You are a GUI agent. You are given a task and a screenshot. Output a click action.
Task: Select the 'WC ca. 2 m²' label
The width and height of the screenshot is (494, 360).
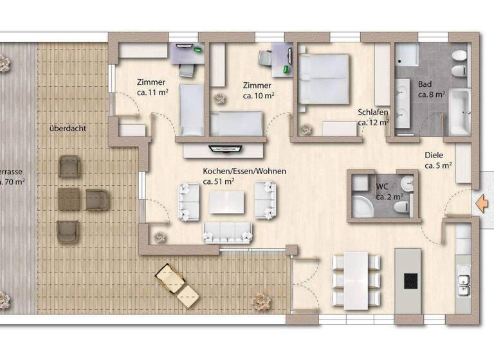click(389, 192)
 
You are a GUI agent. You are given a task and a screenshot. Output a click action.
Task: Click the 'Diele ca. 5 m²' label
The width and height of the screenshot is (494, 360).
click(437, 160)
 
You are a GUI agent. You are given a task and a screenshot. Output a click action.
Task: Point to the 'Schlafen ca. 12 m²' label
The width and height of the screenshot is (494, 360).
click(373, 116)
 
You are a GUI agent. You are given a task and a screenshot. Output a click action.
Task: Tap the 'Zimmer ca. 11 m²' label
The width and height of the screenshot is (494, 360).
click(151, 87)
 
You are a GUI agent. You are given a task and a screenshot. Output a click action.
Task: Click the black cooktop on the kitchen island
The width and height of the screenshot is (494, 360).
click(410, 281)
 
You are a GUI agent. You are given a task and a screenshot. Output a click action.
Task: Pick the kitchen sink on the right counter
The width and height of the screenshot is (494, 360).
click(463, 281)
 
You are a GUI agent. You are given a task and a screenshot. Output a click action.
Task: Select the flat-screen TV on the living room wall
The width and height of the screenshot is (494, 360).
click(224, 148)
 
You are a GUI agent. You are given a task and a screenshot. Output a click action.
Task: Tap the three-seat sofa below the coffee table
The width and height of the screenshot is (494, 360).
click(228, 232)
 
